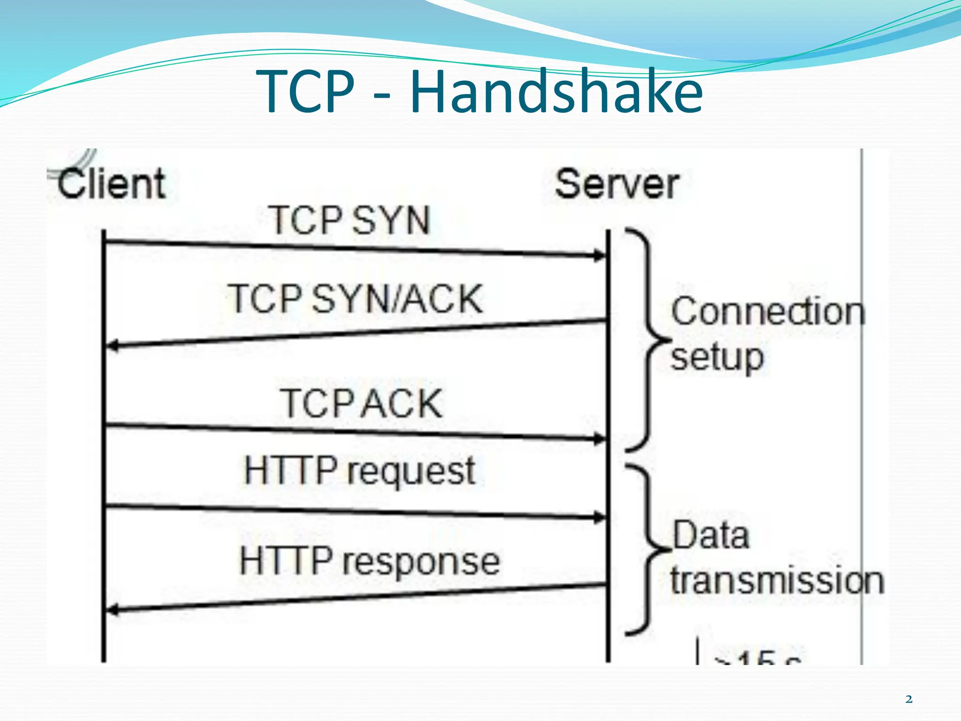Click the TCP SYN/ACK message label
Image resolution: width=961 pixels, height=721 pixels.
(x=356, y=299)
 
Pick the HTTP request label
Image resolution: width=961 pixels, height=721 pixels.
(x=360, y=470)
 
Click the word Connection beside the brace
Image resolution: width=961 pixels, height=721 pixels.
(x=768, y=312)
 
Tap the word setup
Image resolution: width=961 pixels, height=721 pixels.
(x=717, y=358)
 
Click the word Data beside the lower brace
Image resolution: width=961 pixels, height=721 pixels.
(x=710, y=535)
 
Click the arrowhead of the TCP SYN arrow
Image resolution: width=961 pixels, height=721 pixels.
(x=600, y=256)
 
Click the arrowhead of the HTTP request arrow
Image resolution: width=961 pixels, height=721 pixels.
(x=600, y=518)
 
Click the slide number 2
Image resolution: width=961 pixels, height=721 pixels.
(x=909, y=699)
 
